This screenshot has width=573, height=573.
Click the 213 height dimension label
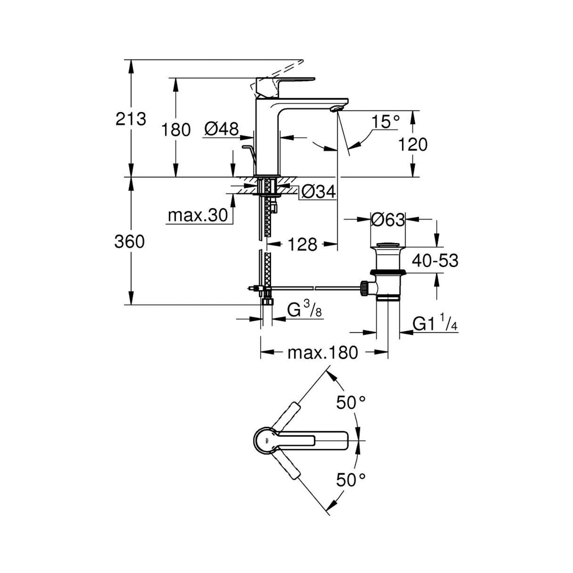(x=130, y=119)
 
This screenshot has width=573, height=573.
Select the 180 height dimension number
(x=176, y=130)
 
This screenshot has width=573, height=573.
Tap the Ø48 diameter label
(x=222, y=129)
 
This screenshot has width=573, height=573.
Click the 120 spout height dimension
(x=413, y=145)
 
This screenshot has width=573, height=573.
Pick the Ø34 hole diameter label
(x=318, y=192)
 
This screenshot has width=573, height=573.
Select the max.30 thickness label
(x=197, y=215)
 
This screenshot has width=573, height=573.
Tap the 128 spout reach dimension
(x=302, y=245)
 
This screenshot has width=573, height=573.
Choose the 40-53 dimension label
(x=435, y=261)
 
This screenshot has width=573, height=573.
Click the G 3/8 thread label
(x=304, y=310)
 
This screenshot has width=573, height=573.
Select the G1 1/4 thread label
(x=435, y=324)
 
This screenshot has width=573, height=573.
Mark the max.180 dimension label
(x=322, y=352)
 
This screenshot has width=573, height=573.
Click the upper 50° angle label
(x=351, y=403)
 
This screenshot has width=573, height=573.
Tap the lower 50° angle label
(x=351, y=480)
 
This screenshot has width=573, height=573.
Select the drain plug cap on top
(x=388, y=244)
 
